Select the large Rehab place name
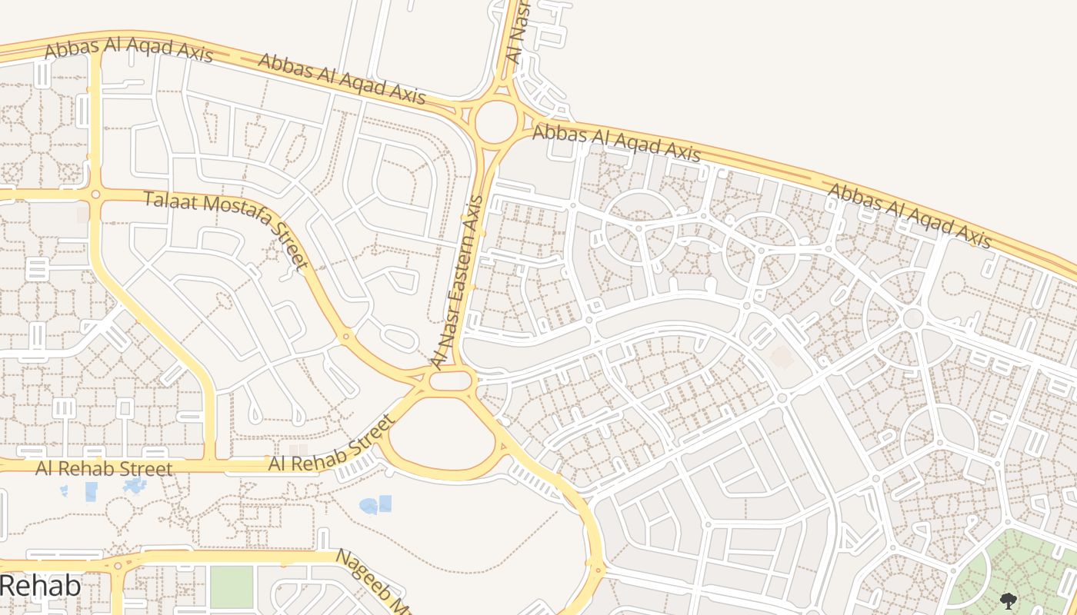click(40, 585)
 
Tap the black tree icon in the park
click(1008, 600)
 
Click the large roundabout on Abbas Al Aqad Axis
click(495, 121)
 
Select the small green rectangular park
click(232, 587)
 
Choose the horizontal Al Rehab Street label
click(104, 468)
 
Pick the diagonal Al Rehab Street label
click(332, 444)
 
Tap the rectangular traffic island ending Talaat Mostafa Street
click(451, 381)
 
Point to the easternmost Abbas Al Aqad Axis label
click(909, 214)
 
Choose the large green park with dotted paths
click(1015, 573)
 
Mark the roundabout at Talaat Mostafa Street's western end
click(95, 194)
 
